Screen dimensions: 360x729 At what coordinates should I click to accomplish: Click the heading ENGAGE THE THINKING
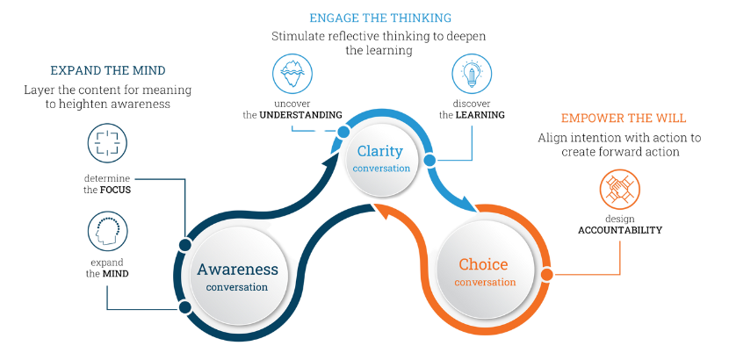tap(379, 16)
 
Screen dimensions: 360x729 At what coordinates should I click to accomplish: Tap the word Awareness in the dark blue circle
tap(237, 270)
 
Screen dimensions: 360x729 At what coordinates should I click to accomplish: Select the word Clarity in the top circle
tap(379, 151)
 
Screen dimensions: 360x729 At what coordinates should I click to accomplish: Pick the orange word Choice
tap(483, 264)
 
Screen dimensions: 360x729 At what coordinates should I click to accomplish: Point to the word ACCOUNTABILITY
tap(619, 230)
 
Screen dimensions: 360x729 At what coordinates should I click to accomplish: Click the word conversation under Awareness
tap(237, 287)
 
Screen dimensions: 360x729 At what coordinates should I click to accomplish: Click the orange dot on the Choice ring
tap(546, 275)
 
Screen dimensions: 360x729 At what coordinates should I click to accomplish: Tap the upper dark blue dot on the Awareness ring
tap(184, 244)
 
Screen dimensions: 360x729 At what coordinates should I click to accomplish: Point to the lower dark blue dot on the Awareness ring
tap(184, 306)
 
